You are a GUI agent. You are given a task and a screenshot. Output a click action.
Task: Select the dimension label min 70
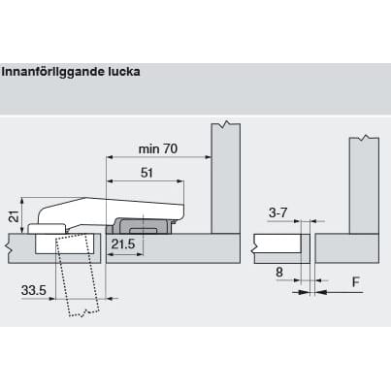[158, 148]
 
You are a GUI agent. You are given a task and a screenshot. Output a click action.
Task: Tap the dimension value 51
[147, 173]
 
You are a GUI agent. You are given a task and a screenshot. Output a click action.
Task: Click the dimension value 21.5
[123, 244]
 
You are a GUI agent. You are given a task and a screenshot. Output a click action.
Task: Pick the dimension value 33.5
[34, 290]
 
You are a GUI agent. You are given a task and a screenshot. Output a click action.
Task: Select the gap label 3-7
[277, 212]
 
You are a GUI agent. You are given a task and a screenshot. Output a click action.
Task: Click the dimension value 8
[279, 273]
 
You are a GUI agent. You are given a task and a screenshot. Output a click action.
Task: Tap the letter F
[356, 282]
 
